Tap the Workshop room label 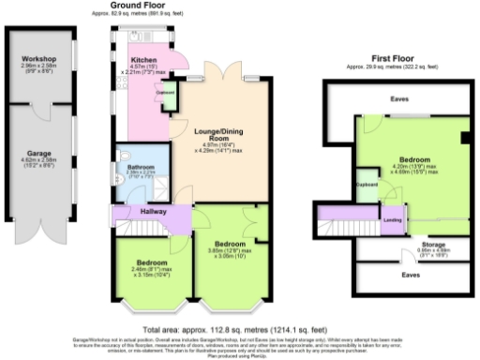tap(40, 60)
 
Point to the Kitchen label tap(144, 59)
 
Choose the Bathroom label tap(141, 168)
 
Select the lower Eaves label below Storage tap(409, 277)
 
